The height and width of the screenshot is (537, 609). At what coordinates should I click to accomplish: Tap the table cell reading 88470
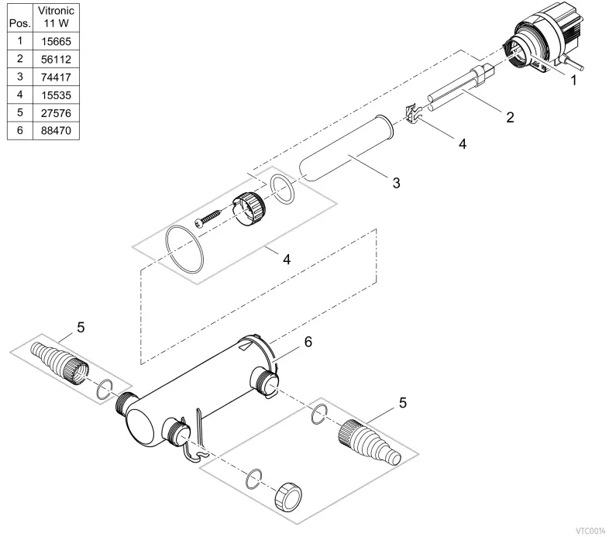click(x=56, y=131)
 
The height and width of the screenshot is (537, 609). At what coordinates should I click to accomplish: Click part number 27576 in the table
click(x=56, y=113)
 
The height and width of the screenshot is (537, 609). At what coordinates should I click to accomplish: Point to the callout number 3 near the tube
click(x=396, y=183)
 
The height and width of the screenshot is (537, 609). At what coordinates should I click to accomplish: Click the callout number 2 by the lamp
click(x=509, y=118)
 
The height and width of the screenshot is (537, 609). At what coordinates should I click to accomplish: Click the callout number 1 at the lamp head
click(x=573, y=79)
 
